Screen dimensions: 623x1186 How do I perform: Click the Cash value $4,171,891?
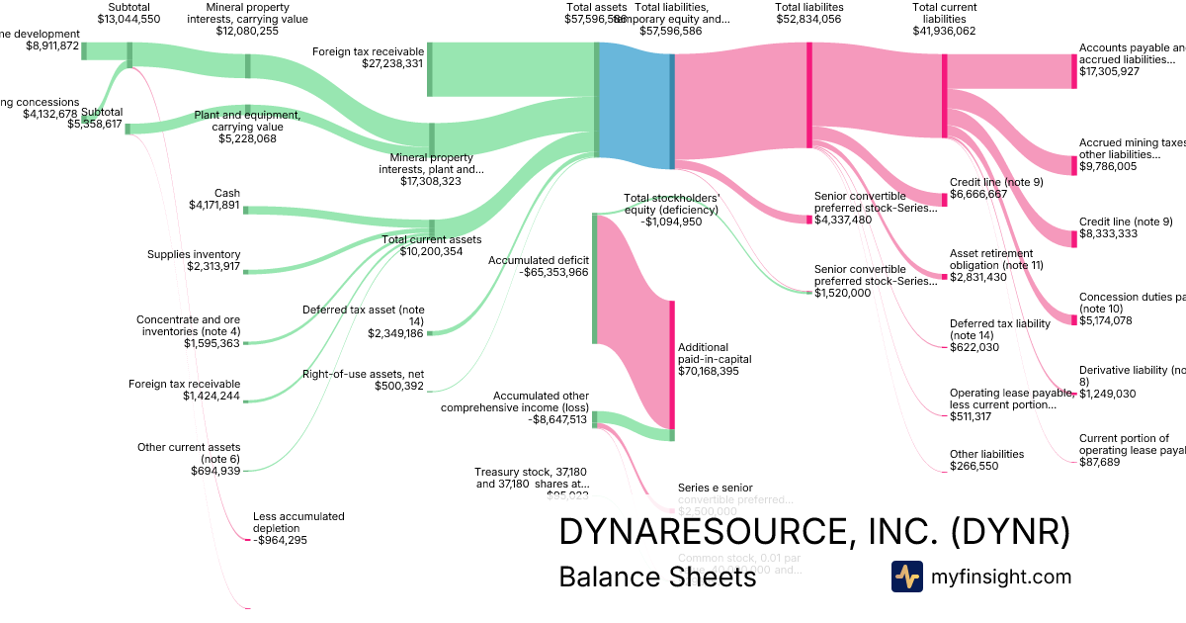(213, 206)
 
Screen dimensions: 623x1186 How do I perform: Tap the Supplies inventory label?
(193, 254)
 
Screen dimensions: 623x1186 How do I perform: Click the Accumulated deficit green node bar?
(594, 278)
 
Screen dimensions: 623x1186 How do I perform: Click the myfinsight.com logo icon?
(906, 577)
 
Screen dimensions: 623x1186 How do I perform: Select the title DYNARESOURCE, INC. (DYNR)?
(814, 532)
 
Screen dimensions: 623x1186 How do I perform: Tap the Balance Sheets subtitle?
(657, 577)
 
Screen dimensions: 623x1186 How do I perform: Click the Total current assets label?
(432, 239)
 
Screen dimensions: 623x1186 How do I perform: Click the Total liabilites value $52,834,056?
(808, 19)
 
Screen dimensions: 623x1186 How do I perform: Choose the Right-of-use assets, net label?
(363, 374)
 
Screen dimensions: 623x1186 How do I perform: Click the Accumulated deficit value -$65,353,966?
(538, 272)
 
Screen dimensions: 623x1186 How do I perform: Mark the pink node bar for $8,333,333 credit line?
(1073, 237)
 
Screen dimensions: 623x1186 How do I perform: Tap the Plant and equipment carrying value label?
(247, 121)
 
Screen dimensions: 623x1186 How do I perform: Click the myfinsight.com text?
(1000, 577)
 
